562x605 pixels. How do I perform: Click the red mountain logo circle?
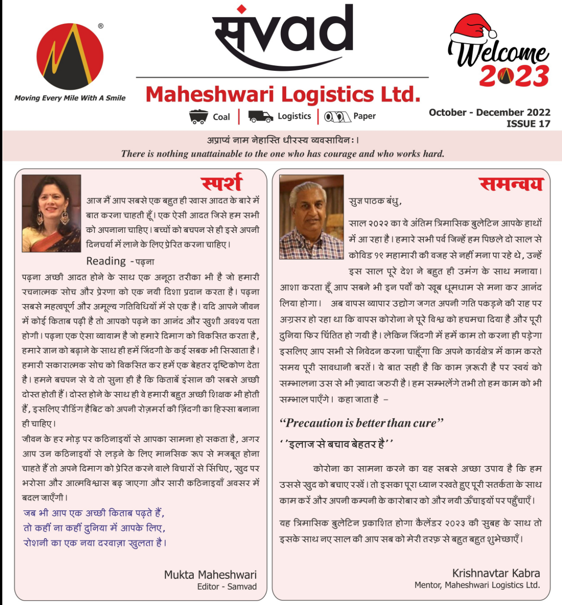click(x=70, y=57)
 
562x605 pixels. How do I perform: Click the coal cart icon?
click(x=198, y=116)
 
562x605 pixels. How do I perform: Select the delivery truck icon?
click(x=261, y=116)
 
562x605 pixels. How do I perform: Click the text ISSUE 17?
click(x=528, y=124)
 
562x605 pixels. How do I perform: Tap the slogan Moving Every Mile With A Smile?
click(x=70, y=98)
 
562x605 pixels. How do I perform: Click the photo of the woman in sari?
click(x=52, y=213)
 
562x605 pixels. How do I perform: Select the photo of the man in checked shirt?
click(x=311, y=217)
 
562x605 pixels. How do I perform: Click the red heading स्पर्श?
click(x=222, y=183)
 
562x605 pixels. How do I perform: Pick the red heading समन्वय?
click(x=511, y=184)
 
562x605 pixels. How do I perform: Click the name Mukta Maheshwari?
click(x=210, y=574)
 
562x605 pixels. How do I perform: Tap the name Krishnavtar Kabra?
click(x=496, y=573)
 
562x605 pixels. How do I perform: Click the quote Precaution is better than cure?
click(x=361, y=423)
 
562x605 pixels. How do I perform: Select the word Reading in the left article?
click(x=106, y=261)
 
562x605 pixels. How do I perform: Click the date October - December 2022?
click(x=489, y=112)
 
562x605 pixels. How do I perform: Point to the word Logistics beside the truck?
click(x=294, y=116)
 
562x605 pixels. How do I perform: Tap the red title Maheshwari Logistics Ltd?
click(x=283, y=94)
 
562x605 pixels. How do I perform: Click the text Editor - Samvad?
click(x=226, y=587)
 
